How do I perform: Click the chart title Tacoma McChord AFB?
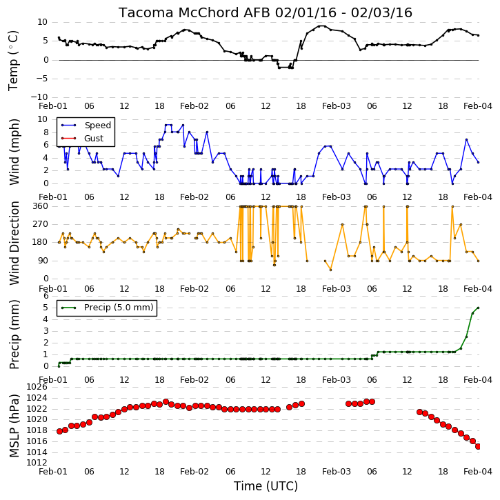coord(195,12)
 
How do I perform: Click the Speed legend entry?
coord(86,126)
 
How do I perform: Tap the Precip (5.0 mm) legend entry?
coord(107,308)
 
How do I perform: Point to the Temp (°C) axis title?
coord(13,61)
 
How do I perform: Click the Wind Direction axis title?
coord(14,243)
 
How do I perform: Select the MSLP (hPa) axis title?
coord(14,426)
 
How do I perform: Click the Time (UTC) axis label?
coord(266,486)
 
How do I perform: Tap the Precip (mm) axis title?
coord(14,334)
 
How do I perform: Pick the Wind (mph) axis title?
coord(14,152)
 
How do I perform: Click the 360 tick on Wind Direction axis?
coord(40,206)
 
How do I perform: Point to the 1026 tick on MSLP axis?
coord(37,387)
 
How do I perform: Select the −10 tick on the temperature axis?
coord(39,97)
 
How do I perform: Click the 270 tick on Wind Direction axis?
coord(40,224)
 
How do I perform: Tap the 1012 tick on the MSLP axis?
coord(37,463)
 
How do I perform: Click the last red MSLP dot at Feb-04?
coord(478,447)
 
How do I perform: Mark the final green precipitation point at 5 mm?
coord(478,308)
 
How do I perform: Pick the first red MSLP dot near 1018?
coord(59,432)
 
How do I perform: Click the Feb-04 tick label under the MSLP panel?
coord(478,472)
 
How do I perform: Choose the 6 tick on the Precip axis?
coord(46,296)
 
